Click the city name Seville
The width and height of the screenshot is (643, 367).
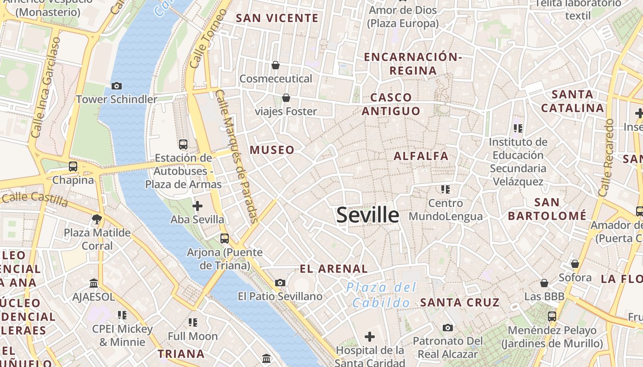367,215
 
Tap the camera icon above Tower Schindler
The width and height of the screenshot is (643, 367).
117,86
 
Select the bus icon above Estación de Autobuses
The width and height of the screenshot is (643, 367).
183,144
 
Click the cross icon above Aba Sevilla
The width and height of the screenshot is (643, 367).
197,206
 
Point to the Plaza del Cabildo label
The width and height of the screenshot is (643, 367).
381,295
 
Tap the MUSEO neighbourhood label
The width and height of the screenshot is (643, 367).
272,150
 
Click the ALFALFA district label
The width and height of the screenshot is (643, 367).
421,156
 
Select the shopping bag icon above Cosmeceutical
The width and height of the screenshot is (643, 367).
276,65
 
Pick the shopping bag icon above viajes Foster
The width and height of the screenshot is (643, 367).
286,98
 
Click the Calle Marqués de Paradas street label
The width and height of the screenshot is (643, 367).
237,156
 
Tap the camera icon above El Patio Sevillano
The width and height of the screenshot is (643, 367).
280,283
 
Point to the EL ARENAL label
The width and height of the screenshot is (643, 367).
333,269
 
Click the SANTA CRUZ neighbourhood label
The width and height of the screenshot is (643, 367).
460,302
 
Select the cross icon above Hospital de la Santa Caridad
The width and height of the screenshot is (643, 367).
370,337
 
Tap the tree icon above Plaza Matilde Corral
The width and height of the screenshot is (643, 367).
97,219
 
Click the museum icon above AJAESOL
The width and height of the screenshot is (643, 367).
94,283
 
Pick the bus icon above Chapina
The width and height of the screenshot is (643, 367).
73,167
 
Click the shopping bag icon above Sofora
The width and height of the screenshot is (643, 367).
575,264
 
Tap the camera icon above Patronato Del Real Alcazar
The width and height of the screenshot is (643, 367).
448,328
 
